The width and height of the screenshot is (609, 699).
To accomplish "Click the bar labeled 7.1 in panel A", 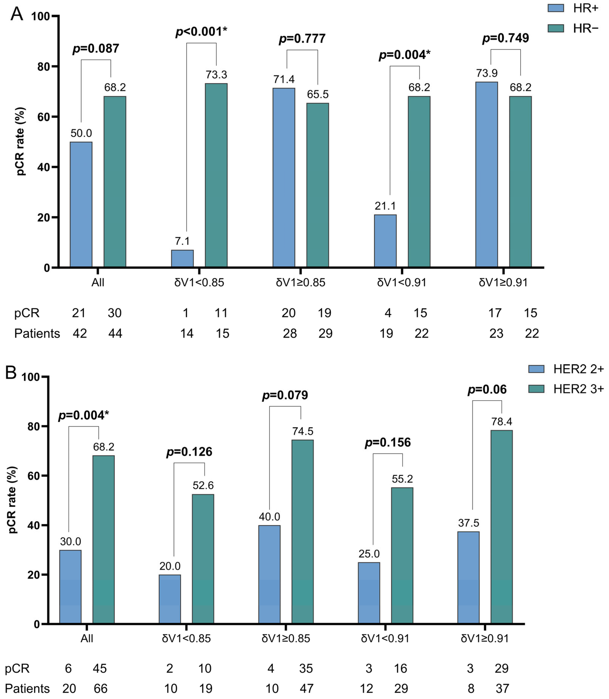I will pyautogui.click(x=182, y=259).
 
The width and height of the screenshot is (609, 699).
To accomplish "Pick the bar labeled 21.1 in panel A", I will pyautogui.click(x=385, y=241).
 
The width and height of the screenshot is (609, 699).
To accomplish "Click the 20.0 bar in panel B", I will pyautogui.click(x=170, y=599).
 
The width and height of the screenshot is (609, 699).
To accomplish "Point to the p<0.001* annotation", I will pyautogui.click(x=201, y=32).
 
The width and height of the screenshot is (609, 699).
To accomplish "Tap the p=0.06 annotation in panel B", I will pyautogui.click(x=487, y=389).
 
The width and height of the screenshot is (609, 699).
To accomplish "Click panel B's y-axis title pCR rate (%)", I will pyautogui.click(x=12, y=499).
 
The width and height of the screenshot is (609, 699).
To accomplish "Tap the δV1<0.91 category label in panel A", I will pyautogui.click(x=402, y=282).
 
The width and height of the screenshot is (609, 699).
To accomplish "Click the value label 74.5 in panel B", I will pyautogui.click(x=303, y=431).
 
